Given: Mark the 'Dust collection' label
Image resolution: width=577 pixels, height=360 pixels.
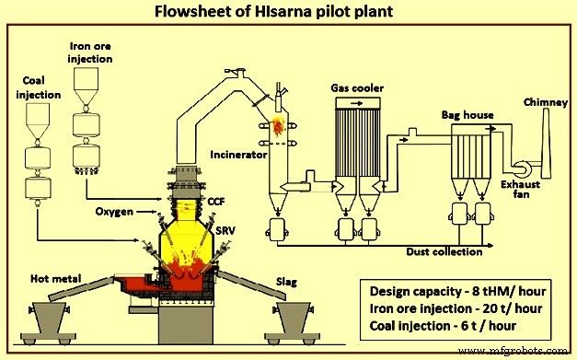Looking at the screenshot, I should pos(444,250).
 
